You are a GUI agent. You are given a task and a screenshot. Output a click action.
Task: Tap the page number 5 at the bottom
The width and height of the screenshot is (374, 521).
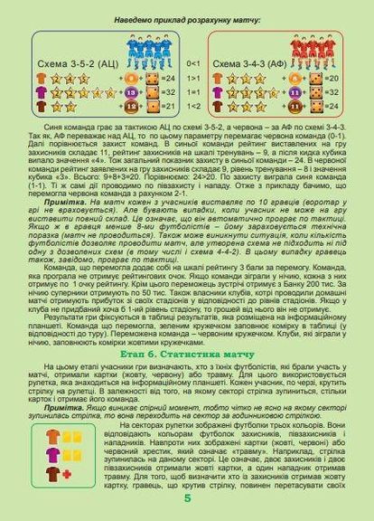pos(187,503)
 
